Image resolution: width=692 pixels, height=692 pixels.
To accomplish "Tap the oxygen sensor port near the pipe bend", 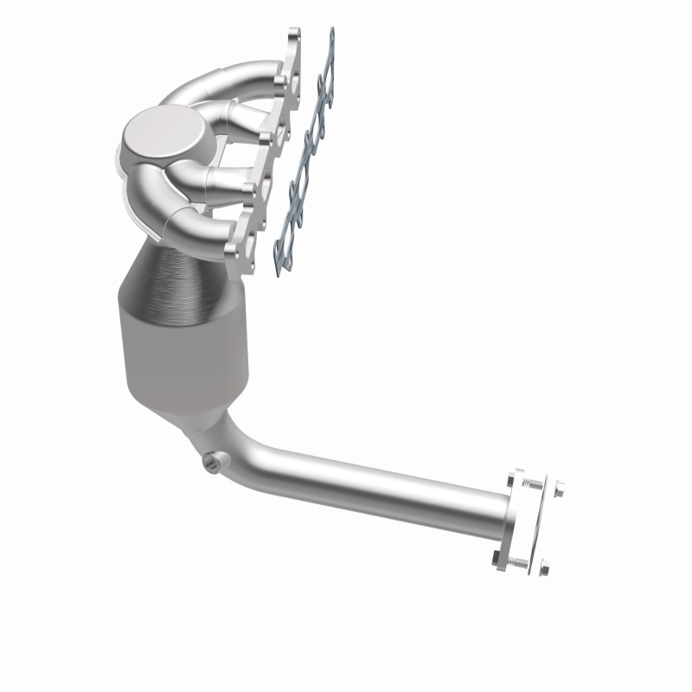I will coord(210,463).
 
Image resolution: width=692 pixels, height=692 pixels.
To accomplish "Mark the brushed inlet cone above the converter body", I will coord(182,268).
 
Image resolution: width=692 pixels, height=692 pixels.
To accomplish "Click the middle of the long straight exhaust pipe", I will coord(381,489).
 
